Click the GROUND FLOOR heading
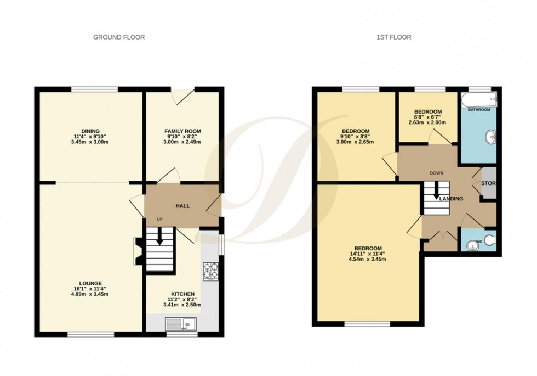tap(119, 37)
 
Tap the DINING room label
tap(90, 131)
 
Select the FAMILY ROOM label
tap(183, 131)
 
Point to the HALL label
tap(182, 206)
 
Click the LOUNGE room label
tap(91, 282)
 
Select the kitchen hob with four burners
tap(210, 271)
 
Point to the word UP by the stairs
tap(160, 220)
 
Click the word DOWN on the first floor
tap(436, 173)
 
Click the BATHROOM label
tap(478, 110)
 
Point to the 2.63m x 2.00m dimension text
tap(427, 122)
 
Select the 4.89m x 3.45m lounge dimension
tap(91, 294)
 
